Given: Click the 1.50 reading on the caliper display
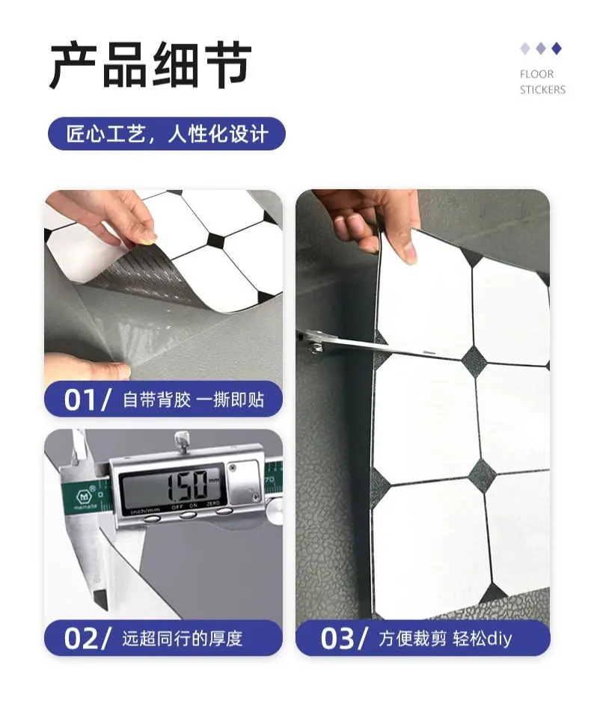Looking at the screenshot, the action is coord(186,486).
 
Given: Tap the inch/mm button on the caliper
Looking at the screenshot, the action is coord(152,519).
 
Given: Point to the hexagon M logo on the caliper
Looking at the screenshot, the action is coord(84,496).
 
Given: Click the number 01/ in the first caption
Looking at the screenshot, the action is coord(87,399).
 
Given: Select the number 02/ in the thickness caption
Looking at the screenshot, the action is coord(87,638).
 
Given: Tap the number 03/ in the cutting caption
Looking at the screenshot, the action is coord(343,638).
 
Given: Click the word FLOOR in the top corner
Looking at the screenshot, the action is coord(536,74).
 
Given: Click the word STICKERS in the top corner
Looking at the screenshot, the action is coord(542,90).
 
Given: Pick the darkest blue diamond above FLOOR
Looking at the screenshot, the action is coord(557,49).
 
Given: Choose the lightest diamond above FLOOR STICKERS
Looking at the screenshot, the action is coord(525,49).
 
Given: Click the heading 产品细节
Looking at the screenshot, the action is coord(150,66).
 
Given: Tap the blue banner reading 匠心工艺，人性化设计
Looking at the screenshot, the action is coord(167,134).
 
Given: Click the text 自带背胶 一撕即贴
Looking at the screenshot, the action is coord(193,399).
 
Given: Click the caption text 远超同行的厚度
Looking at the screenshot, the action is coord(183,638).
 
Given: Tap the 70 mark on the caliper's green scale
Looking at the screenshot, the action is coord(269,479).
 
